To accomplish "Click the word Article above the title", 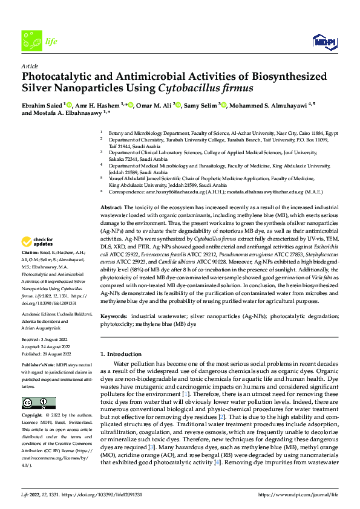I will click(30, 66).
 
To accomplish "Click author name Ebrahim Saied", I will click(42, 105).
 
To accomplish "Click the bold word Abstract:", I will click(111, 207).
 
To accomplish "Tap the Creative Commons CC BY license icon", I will click(34, 403).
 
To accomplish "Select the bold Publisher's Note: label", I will click(38, 366).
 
